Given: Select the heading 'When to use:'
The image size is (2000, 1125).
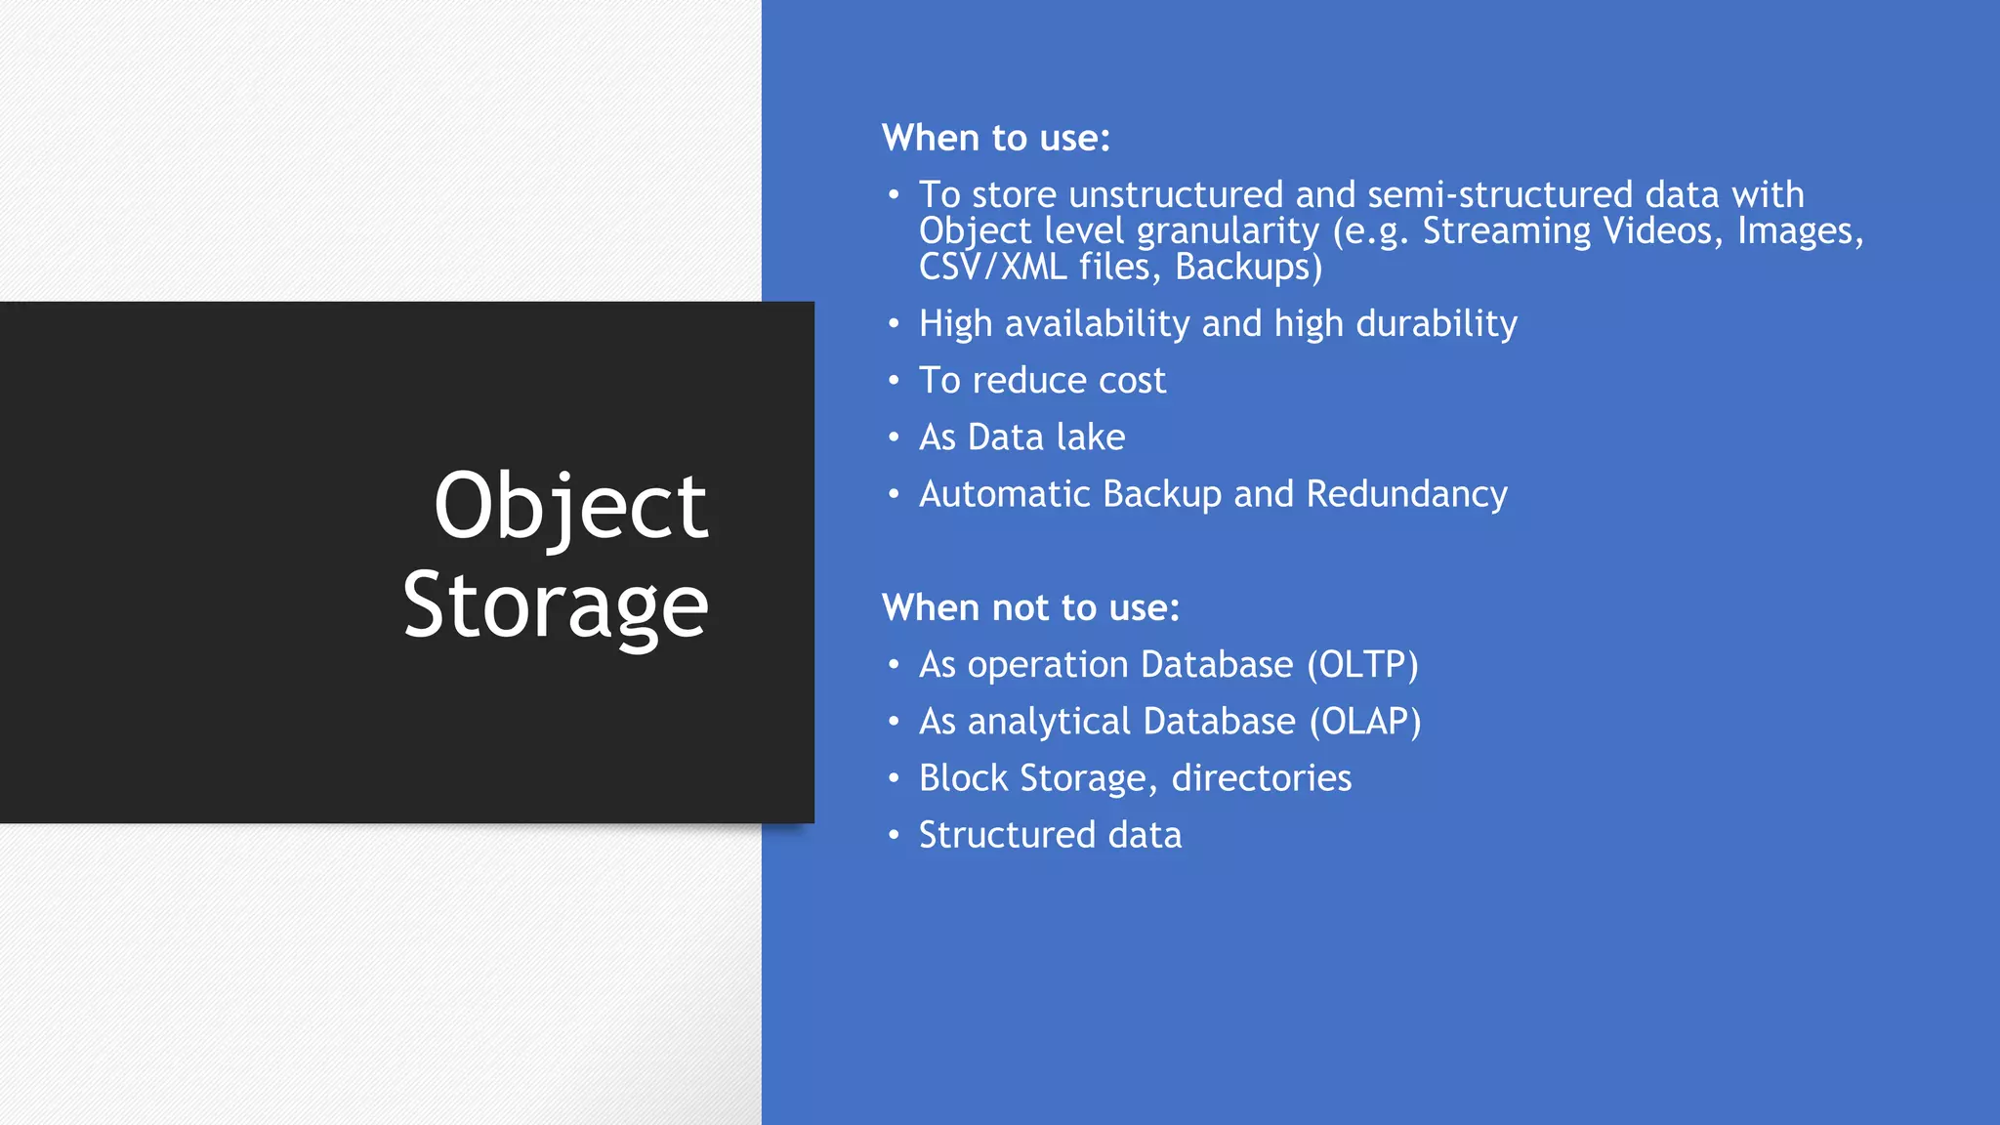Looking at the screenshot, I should [995, 138].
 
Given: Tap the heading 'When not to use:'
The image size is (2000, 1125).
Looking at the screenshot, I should [1030, 607].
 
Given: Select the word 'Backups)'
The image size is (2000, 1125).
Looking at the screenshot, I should [1248, 267].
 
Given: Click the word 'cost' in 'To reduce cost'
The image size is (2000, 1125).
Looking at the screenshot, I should [1132, 380].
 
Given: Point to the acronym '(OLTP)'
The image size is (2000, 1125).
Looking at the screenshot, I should [1362, 664].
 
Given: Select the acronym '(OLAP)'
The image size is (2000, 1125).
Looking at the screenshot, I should [1364, 721].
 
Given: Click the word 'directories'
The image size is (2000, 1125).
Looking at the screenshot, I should [1261, 778].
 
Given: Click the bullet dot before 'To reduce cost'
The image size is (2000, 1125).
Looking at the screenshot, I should [893, 380].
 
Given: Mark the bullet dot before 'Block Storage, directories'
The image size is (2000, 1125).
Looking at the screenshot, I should [893, 778].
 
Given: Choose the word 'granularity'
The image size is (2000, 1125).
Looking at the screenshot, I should [1228, 231].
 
